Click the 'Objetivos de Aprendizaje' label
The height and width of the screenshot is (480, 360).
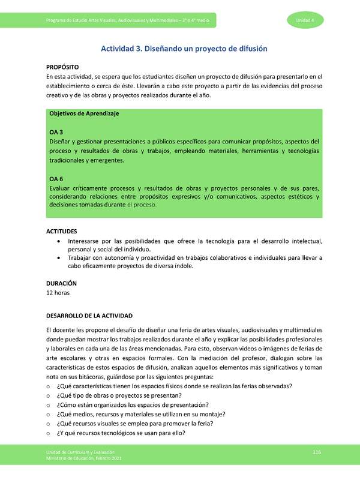pos(84,113)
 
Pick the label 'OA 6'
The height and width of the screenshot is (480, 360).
pos(56,178)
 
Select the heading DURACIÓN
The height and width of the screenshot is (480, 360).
pos(62,283)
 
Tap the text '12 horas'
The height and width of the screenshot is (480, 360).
pos(58,293)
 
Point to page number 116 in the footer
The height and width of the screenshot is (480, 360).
pos(317,451)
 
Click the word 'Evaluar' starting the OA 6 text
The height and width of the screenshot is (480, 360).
pos(61,188)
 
